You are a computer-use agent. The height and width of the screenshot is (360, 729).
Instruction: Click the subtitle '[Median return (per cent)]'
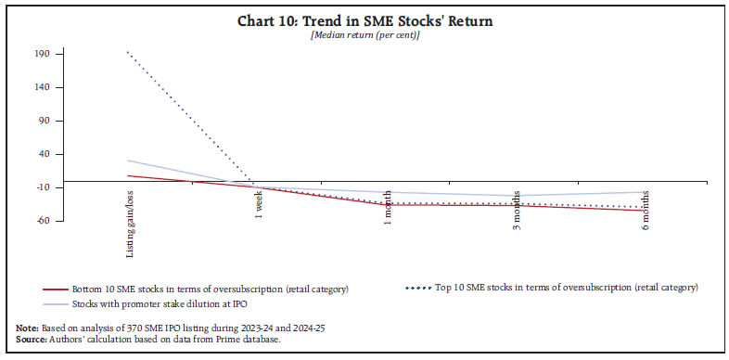[364, 35]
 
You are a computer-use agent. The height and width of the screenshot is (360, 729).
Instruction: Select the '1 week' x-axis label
[259, 204]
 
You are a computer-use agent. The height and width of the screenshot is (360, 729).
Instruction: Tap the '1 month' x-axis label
[388, 207]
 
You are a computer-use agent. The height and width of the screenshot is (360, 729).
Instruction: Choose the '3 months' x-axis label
[517, 210]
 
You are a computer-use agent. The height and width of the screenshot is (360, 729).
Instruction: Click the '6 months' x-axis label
[646, 210]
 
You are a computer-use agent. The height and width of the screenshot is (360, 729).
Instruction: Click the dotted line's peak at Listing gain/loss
[129, 52]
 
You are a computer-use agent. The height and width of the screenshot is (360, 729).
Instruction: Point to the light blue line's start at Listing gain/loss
[129, 161]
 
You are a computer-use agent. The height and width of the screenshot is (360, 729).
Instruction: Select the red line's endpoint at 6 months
[646, 211]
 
